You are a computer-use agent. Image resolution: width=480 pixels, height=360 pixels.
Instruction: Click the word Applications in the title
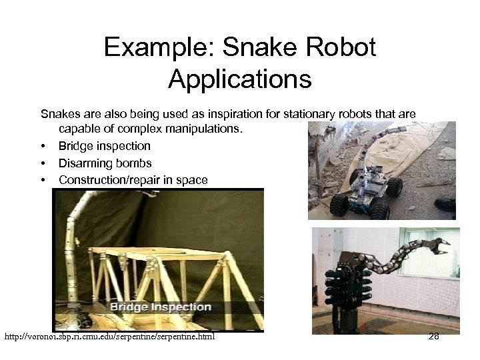click(240, 79)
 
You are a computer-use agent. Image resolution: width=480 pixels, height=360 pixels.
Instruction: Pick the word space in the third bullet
click(192, 180)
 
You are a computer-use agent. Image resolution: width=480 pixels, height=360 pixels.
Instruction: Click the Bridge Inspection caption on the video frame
click(160, 307)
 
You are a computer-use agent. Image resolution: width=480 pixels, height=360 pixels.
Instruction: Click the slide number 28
click(433, 336)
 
